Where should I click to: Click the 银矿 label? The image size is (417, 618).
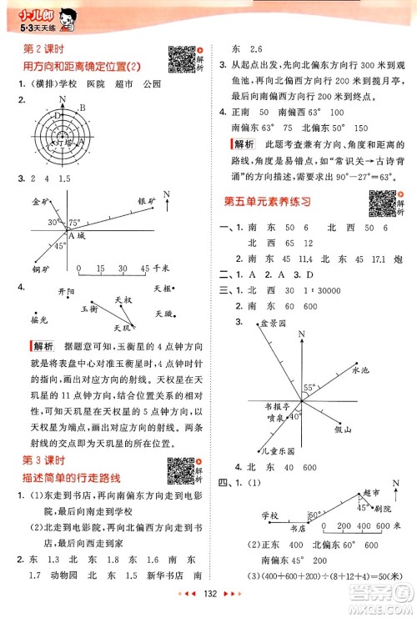(x=146, y=201)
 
